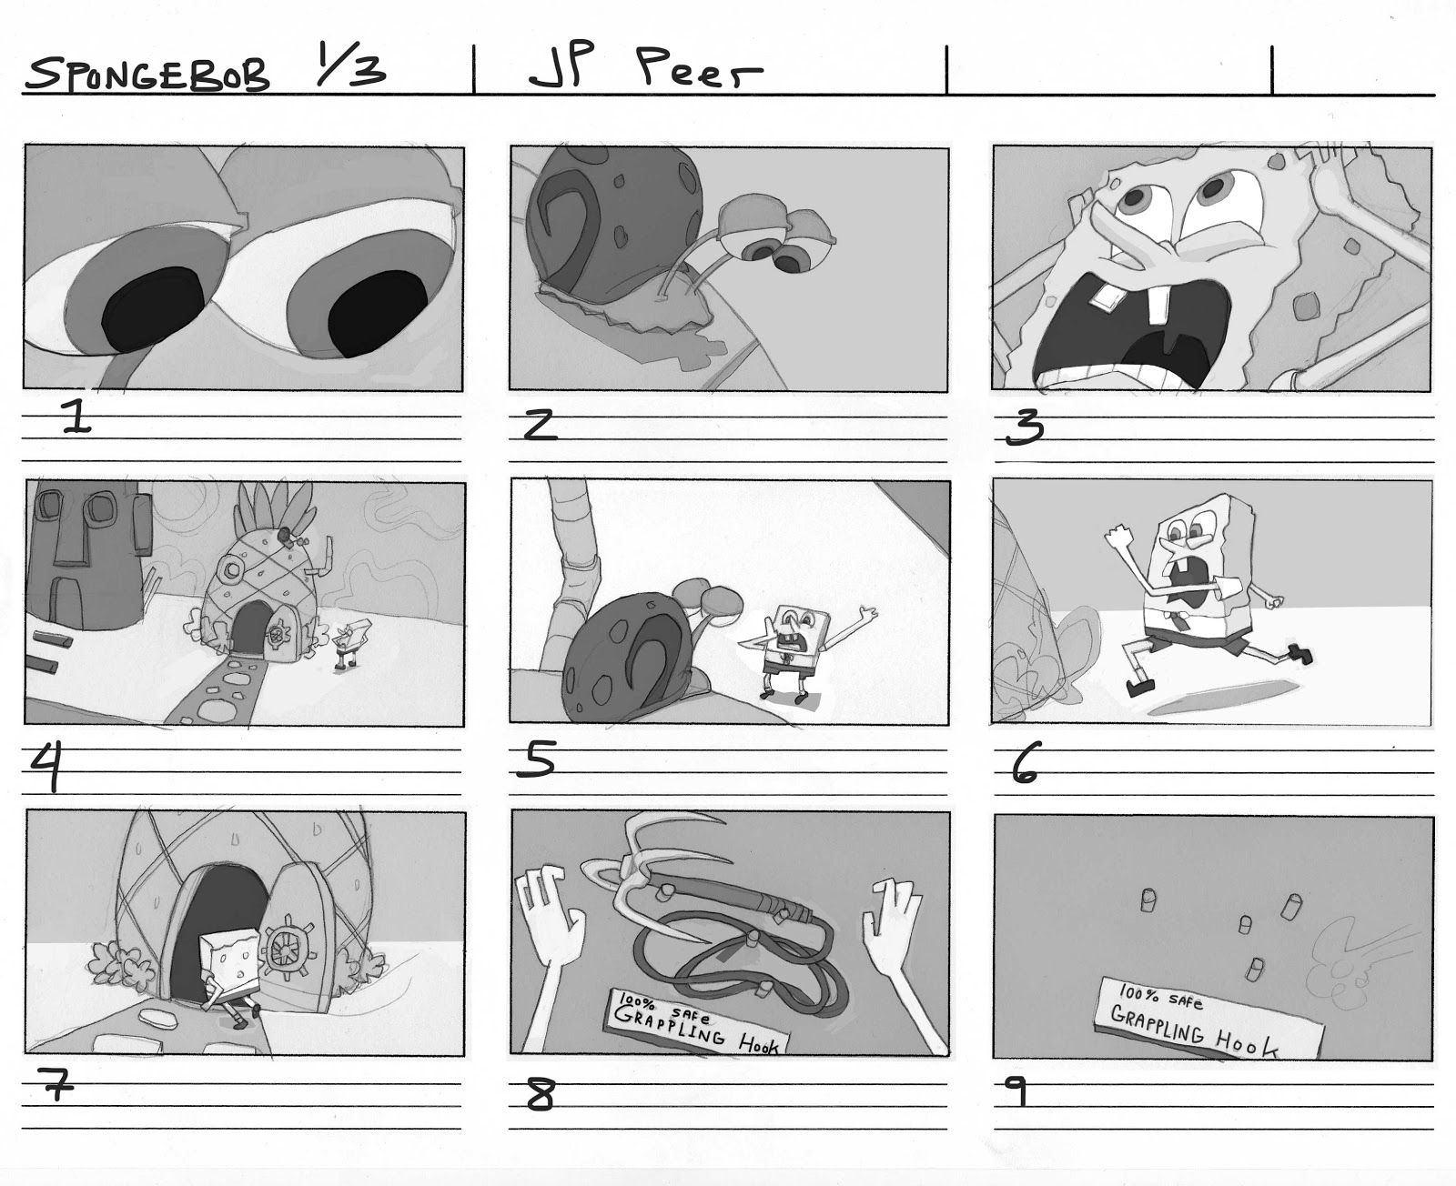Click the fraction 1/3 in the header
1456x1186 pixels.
pyautogui.click(x=351, y=67)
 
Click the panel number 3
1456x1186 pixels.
pyautogui.click(x=1025, y=427)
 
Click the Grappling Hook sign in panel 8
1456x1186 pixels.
pyautogui.click(x=698, y=1024)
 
